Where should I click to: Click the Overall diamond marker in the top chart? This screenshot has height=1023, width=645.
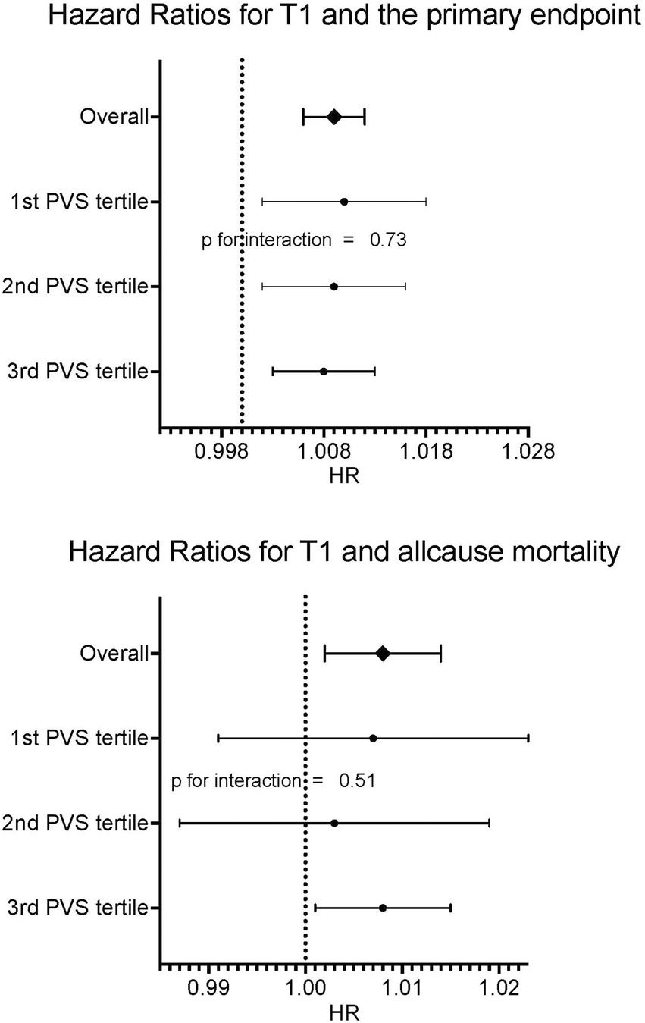(334, 117)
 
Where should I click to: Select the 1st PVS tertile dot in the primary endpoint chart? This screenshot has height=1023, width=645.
(344, 202)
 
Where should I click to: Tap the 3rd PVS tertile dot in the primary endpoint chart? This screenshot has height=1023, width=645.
(324, 372)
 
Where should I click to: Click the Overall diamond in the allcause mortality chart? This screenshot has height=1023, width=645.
(383, 654)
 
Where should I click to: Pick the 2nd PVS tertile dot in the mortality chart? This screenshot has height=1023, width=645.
(334, 823)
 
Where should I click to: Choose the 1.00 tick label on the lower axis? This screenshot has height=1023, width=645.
(305, 990)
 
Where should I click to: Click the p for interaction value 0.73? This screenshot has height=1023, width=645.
(389, 241)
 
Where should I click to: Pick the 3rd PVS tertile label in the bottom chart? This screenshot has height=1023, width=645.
(76, 908)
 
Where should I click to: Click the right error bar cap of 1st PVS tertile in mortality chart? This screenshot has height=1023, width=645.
(528, 738)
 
